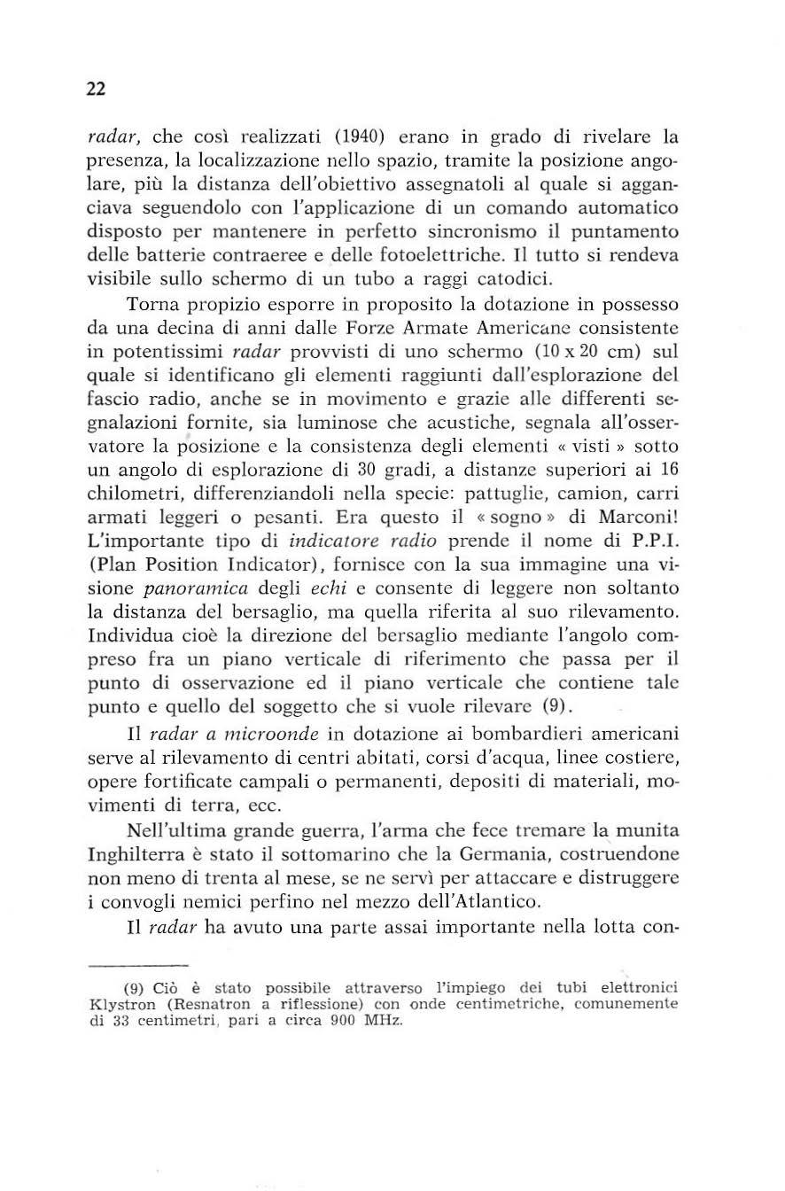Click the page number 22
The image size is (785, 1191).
[97, 89]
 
